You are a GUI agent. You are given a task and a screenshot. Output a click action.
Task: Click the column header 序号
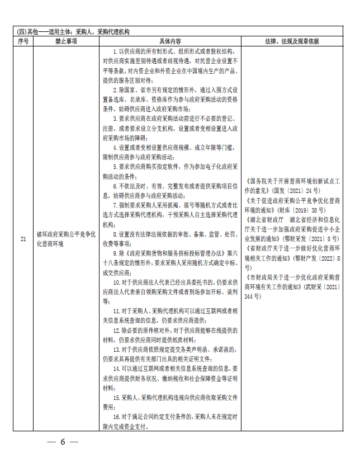click(x=23, y=41)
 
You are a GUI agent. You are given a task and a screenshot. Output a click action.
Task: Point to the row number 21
click(x=23, y=239)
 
